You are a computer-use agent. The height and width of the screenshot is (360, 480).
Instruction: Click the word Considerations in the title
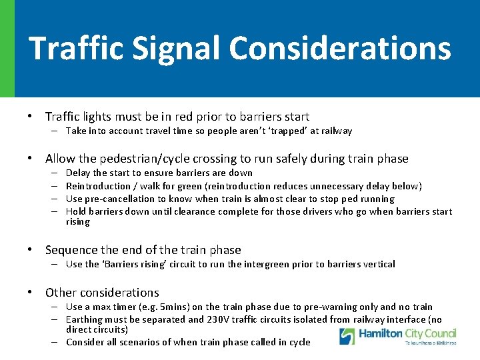click(x=339, y=49)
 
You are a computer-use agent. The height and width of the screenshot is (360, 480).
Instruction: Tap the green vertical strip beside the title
click(x=7, y=49)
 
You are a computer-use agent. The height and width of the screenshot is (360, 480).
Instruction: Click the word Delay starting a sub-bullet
click(x=78, y=173)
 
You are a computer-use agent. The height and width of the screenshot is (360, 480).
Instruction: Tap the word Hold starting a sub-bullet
click(x=76, y=212)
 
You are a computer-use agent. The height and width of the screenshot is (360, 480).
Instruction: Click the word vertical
click(x=378, y=265)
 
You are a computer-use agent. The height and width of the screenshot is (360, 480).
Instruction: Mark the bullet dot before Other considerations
click(x=31, y=293)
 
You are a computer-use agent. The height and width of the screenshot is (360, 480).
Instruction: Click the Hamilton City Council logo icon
click(x=347, y=336)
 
